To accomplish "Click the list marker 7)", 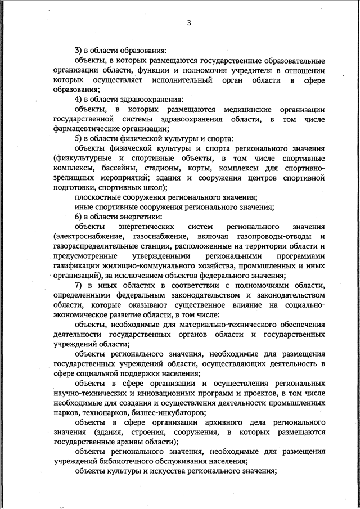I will click(x=79, y=285).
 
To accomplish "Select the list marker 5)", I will click(x=79, y=138).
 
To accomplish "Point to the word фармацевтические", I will click(x=84, y=128).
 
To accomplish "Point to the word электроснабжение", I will click(x=86, y=236).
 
